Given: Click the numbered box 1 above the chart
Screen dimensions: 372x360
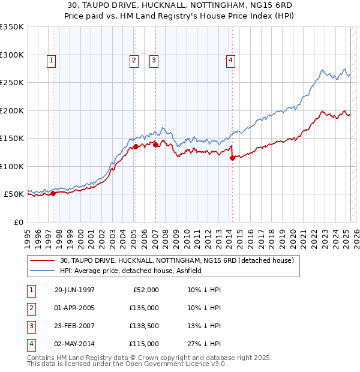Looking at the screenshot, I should click(x=52, y=60).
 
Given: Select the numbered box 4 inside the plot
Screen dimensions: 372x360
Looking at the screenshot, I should click(x=230, y=60).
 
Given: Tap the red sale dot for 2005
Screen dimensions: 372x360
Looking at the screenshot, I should click(x=136, y=146).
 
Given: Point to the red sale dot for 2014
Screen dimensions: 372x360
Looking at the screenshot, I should click(x=232, y=158).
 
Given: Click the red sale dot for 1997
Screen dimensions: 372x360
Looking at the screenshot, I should click(x=53, y=193).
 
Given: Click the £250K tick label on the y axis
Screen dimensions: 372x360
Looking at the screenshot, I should click(x=12, y=82).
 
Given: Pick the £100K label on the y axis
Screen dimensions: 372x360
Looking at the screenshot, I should click(x=12, y=166).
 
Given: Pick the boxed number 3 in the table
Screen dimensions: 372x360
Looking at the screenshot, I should click(x=31, y=326).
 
